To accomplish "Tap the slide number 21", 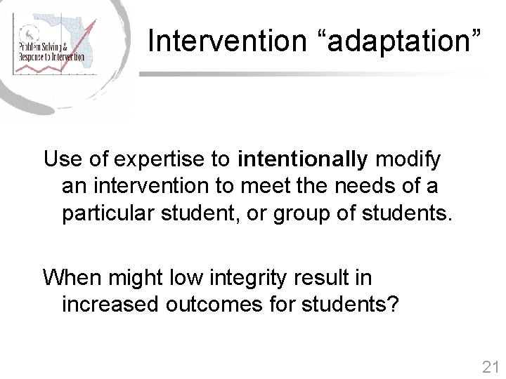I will click(x=490, y=366).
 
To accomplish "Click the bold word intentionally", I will click(x=303, y=159).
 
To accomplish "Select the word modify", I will click(x=408, y=159).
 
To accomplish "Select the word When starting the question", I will click(x=72, y=278).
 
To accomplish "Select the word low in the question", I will click(x=183, y=278).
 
